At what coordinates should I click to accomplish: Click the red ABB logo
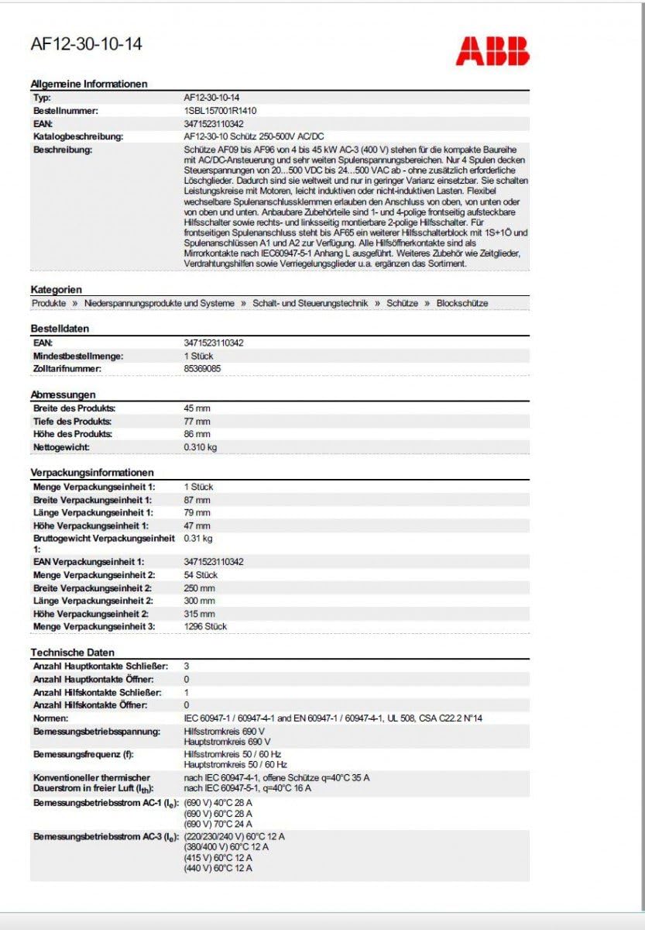[492, 51]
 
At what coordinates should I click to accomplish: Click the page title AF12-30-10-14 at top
[86, 44]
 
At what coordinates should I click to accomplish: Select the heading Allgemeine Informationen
[88, 84]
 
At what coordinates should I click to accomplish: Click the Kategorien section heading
[56, 289]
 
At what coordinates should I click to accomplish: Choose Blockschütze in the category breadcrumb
[462, 303]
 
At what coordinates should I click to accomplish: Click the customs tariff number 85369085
[202, 369]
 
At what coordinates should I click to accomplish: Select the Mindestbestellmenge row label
[78, 356]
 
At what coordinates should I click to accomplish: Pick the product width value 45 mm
[197, 408]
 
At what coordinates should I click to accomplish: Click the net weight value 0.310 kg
[200, 447]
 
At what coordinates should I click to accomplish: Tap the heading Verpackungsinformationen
[92, 472]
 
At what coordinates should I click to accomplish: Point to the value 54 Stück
[201, 575]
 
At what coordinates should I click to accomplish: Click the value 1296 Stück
[205, 626]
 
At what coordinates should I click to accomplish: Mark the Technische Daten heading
[72, 653]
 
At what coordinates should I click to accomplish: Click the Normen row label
[52, 718]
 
